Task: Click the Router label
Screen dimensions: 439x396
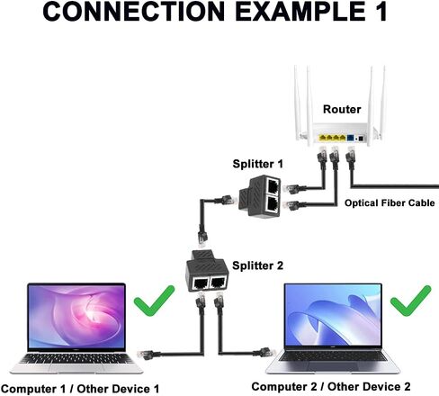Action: pos(342,109)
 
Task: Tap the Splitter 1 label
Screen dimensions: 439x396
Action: pos(257,164)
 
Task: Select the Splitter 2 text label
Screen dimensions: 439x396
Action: pos(257,265)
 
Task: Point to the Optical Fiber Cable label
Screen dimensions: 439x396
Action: pos(390,203)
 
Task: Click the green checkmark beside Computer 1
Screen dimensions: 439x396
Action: pos(154,300)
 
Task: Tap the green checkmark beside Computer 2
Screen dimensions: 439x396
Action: pos(411,301)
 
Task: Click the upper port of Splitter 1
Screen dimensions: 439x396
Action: pos(273,186)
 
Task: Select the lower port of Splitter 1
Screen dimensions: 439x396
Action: pos(273,204)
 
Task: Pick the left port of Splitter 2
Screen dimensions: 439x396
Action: pos(201,283)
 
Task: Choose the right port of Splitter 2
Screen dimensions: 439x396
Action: pos(218,283)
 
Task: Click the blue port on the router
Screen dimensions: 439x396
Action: pos(350,138)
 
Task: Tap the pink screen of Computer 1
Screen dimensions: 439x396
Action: pos(76,317)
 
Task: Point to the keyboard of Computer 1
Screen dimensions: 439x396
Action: pos(76,358)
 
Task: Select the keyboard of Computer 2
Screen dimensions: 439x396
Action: pos(333,356)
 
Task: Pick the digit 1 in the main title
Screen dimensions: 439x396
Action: pos(381,12)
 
